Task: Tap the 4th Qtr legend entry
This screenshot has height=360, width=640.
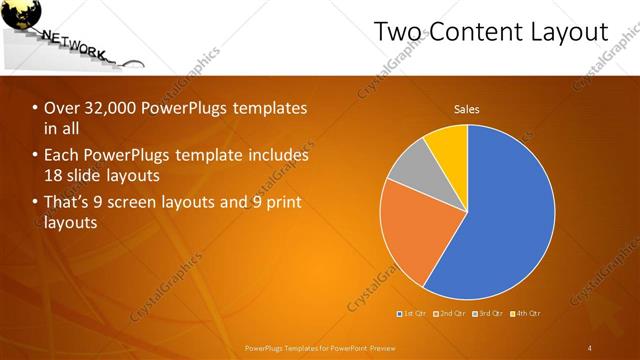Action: [528, 314]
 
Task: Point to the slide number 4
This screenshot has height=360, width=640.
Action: [590, 348]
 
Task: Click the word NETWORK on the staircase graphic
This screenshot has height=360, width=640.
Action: [74, 44]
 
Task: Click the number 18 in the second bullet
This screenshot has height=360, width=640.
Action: [54, 175]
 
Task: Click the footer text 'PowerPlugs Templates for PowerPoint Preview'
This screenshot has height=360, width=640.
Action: [320, 348]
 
